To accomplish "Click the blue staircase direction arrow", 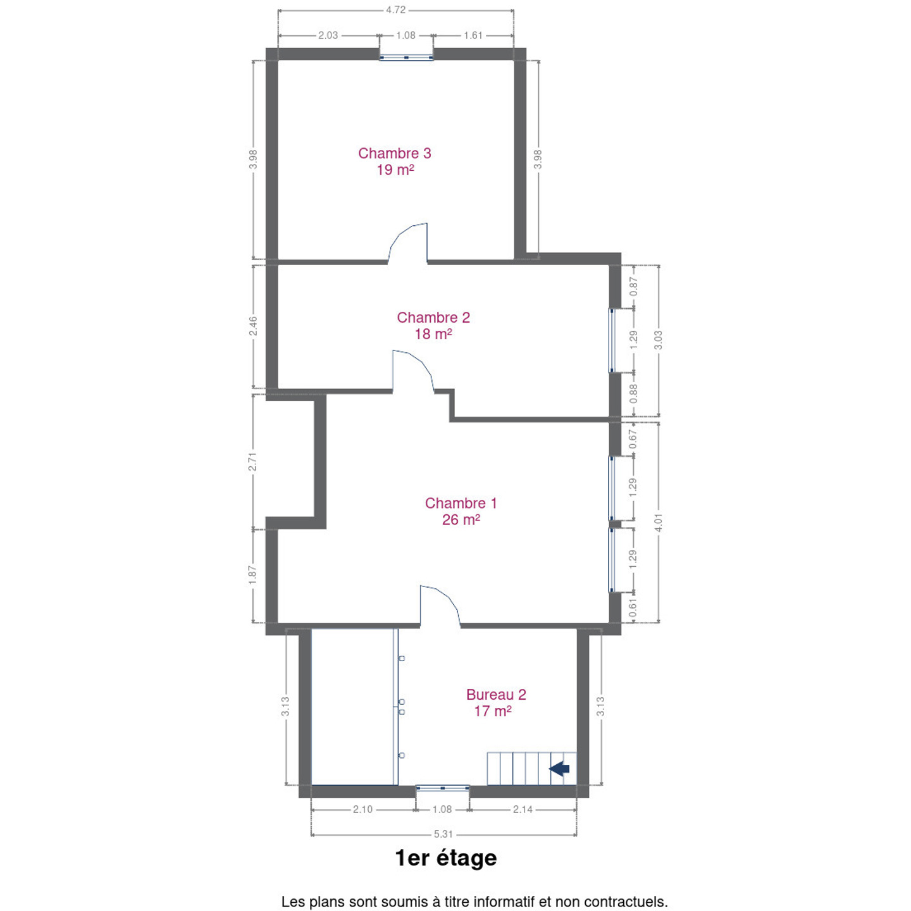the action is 559,769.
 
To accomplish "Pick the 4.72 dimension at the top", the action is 395,10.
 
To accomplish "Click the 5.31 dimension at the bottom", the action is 443,834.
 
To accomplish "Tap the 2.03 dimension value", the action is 328,35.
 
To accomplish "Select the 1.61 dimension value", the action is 473,35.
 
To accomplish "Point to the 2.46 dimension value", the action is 254,326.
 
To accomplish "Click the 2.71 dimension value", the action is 253,462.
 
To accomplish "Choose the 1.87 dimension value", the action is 253,575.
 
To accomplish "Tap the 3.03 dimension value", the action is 658,340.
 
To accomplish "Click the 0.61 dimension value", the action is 633,608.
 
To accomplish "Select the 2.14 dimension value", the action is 523,809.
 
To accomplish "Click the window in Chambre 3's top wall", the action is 406,58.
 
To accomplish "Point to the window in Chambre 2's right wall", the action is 611,340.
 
